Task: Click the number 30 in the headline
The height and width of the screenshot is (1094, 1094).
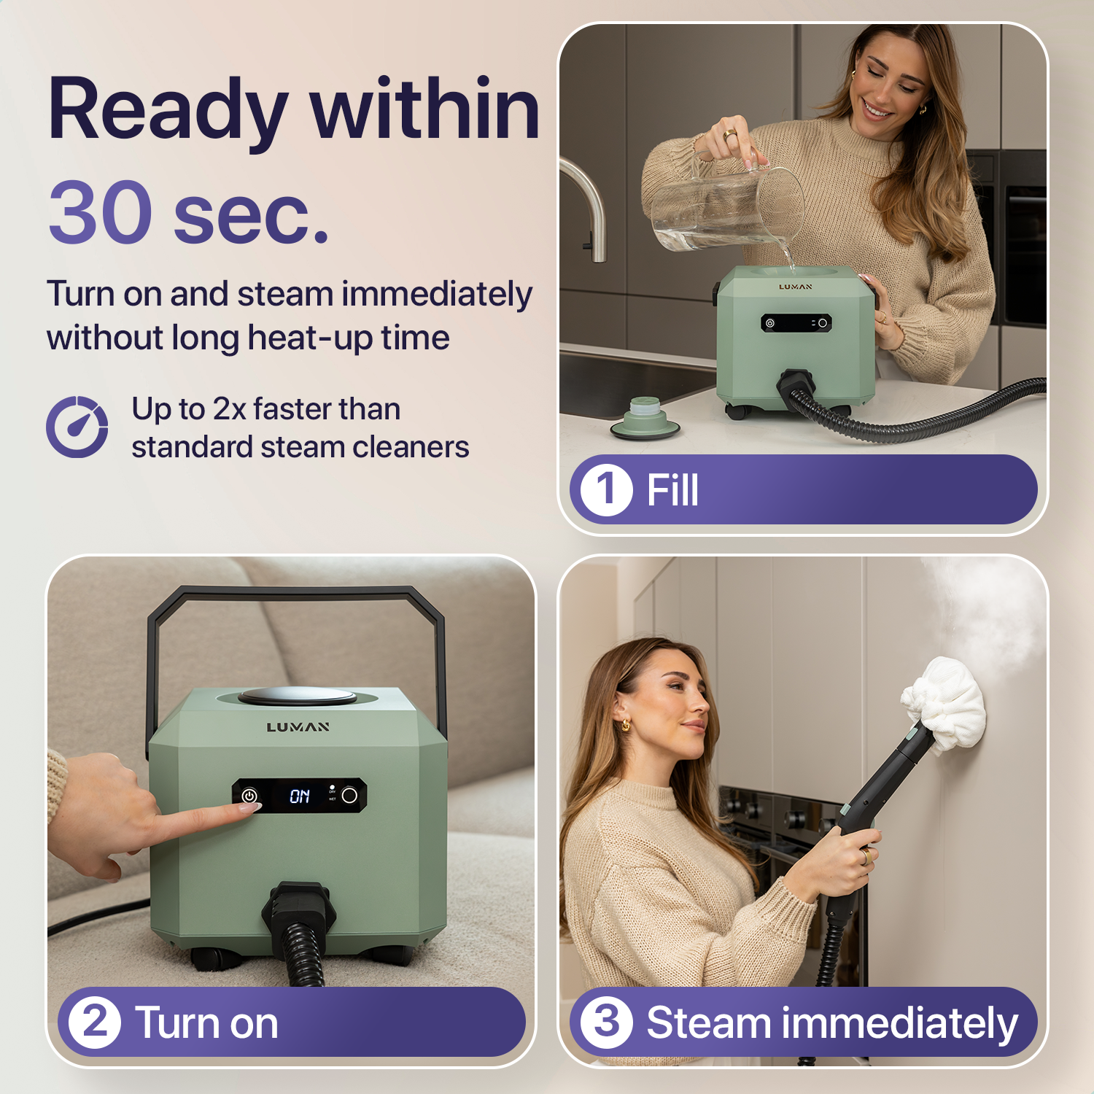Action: click(101, 212)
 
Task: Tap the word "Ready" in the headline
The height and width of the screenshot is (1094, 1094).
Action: click(168, 110)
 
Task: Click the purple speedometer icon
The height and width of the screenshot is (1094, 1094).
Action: click(77, 427)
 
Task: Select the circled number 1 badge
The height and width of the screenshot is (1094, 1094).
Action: click(606, 489)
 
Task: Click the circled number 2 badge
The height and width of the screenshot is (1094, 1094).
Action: click(95, 1022)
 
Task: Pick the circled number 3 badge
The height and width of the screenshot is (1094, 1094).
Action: click(606, 1022)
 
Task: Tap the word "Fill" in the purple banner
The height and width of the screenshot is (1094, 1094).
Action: click(672, 489)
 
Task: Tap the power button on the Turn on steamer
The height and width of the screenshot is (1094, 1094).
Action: click(249, 796)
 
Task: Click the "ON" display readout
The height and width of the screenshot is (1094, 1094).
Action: click(300, 796)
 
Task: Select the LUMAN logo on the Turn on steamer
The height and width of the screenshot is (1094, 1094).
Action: click(298, 727)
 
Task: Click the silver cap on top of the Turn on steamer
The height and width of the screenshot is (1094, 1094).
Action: click(298, 696)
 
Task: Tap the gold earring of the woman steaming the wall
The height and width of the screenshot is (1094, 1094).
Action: click(625, 724)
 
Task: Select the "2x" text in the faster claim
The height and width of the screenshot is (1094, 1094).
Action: click(229, 409)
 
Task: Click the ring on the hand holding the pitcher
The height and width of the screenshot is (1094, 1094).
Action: click(729, 135)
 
